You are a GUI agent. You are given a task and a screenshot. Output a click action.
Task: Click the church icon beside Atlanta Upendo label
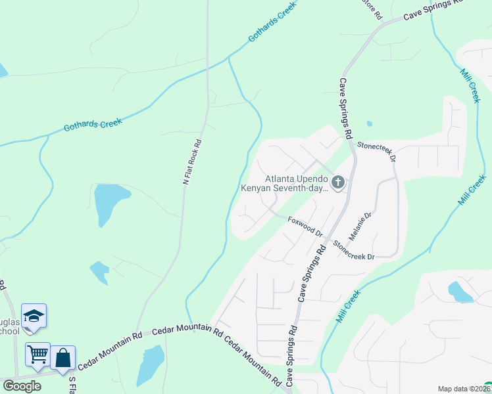click(338, 182)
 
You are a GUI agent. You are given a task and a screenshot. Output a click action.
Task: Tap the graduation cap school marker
click(34, 316)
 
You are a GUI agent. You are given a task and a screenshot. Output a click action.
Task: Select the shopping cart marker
click(37, 355)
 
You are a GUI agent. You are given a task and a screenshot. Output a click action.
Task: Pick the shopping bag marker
click(62, 358)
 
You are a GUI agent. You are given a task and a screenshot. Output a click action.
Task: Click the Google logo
click(22, 386)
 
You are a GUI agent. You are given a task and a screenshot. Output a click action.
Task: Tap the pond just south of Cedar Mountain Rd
click(151, 364)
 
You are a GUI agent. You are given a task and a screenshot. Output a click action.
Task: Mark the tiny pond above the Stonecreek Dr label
click(369, 123)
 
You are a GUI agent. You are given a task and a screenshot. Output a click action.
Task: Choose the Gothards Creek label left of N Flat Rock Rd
click(93, 123)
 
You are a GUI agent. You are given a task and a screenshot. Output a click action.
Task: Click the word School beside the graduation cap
click(9, 331)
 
